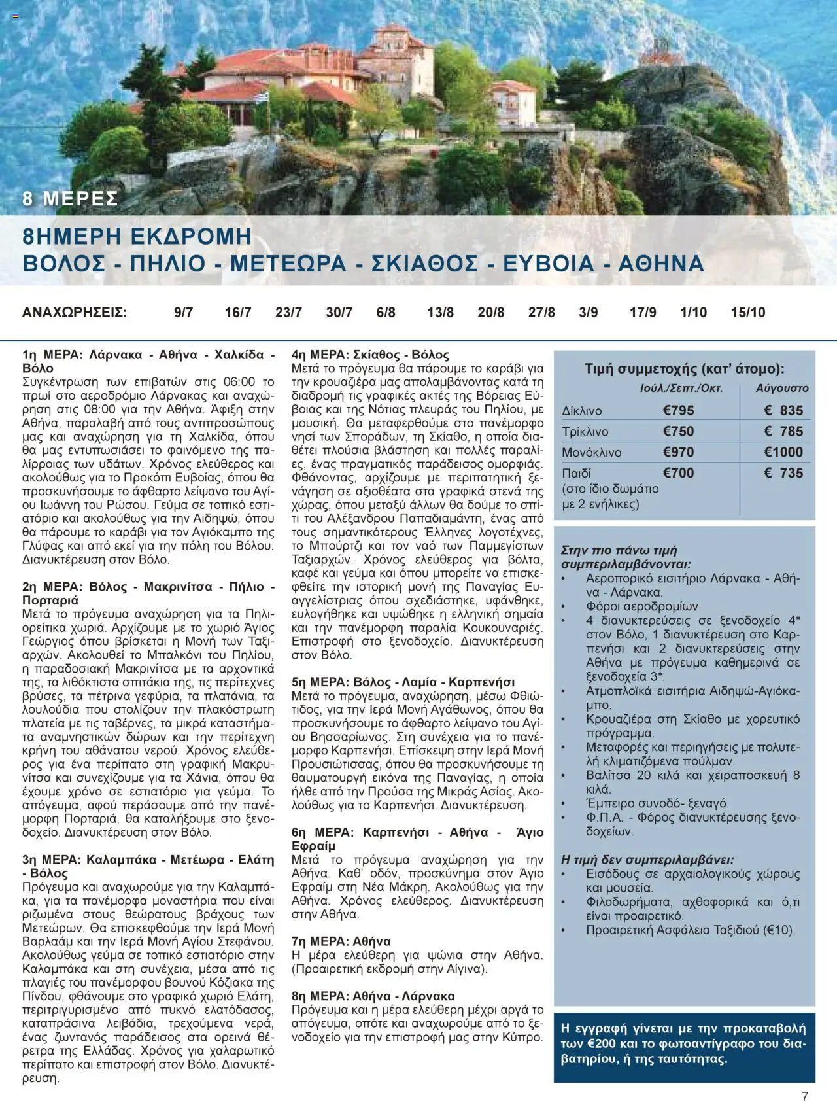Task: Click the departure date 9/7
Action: click(183, 313)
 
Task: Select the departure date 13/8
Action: click(440, 313)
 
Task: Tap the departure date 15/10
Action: click(747, 313)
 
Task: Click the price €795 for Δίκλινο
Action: click(678, 411)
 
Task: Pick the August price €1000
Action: click(783, 452)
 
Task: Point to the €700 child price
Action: click(678, 473)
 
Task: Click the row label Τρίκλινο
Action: click(585, 432)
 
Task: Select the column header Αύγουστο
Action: click(782, 388)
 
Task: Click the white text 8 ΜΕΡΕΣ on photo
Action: click(70, 198)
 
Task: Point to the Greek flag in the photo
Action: click(262, 96)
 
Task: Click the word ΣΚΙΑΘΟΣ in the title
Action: click(424, 264)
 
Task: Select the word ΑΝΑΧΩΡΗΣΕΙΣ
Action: click(75, 313)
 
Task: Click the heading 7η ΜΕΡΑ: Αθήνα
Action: click(341, 941)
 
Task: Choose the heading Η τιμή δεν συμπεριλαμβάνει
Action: click(647, 860)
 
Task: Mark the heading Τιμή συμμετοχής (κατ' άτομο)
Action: click(684, 369)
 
